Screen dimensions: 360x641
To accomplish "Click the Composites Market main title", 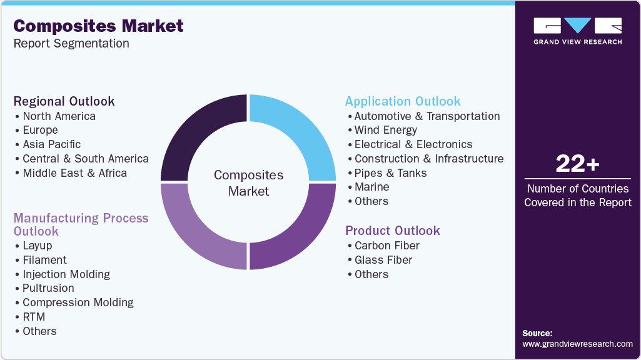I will [98, 26].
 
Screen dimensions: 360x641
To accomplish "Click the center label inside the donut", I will [248, 182].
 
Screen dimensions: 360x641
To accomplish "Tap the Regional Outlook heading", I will [64, 101].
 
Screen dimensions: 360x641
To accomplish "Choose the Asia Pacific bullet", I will [51, 144].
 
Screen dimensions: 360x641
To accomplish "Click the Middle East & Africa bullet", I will [74, 173].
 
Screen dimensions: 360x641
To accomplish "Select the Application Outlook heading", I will [402, 101].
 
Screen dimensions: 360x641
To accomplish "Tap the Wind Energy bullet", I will [385, 130].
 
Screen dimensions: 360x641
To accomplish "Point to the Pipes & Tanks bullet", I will [390, 173].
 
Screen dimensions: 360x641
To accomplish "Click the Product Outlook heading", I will [392, 231].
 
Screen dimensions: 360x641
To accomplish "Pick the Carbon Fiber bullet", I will [386, 246].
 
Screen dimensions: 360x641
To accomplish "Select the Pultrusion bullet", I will [48, 288].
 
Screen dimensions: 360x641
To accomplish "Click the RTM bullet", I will [34, 317].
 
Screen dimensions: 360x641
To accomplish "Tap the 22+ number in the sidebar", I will [577, 164].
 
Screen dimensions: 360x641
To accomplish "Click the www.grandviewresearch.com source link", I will [577, 344].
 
